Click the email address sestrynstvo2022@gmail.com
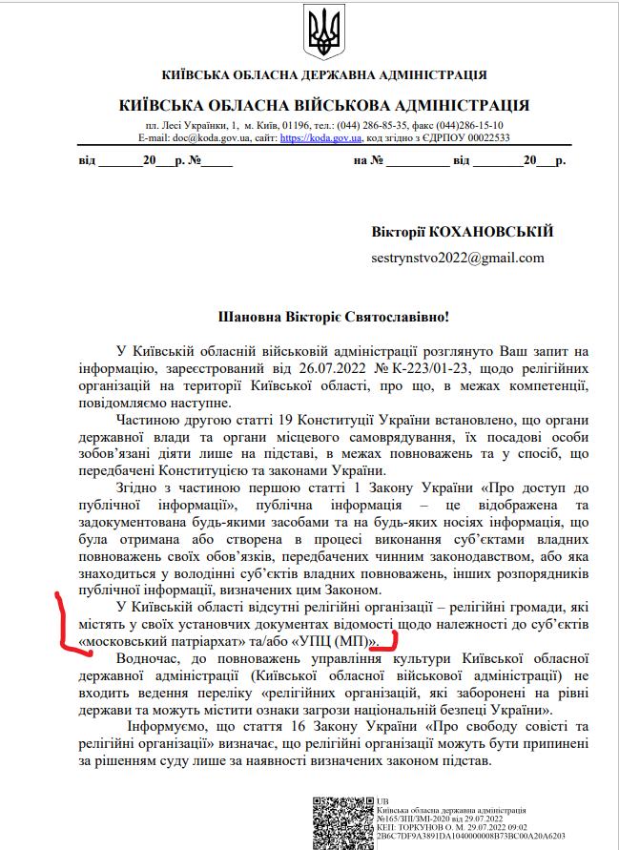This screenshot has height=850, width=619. click(458, 258)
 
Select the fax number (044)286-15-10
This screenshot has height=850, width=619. click(466, 125)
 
